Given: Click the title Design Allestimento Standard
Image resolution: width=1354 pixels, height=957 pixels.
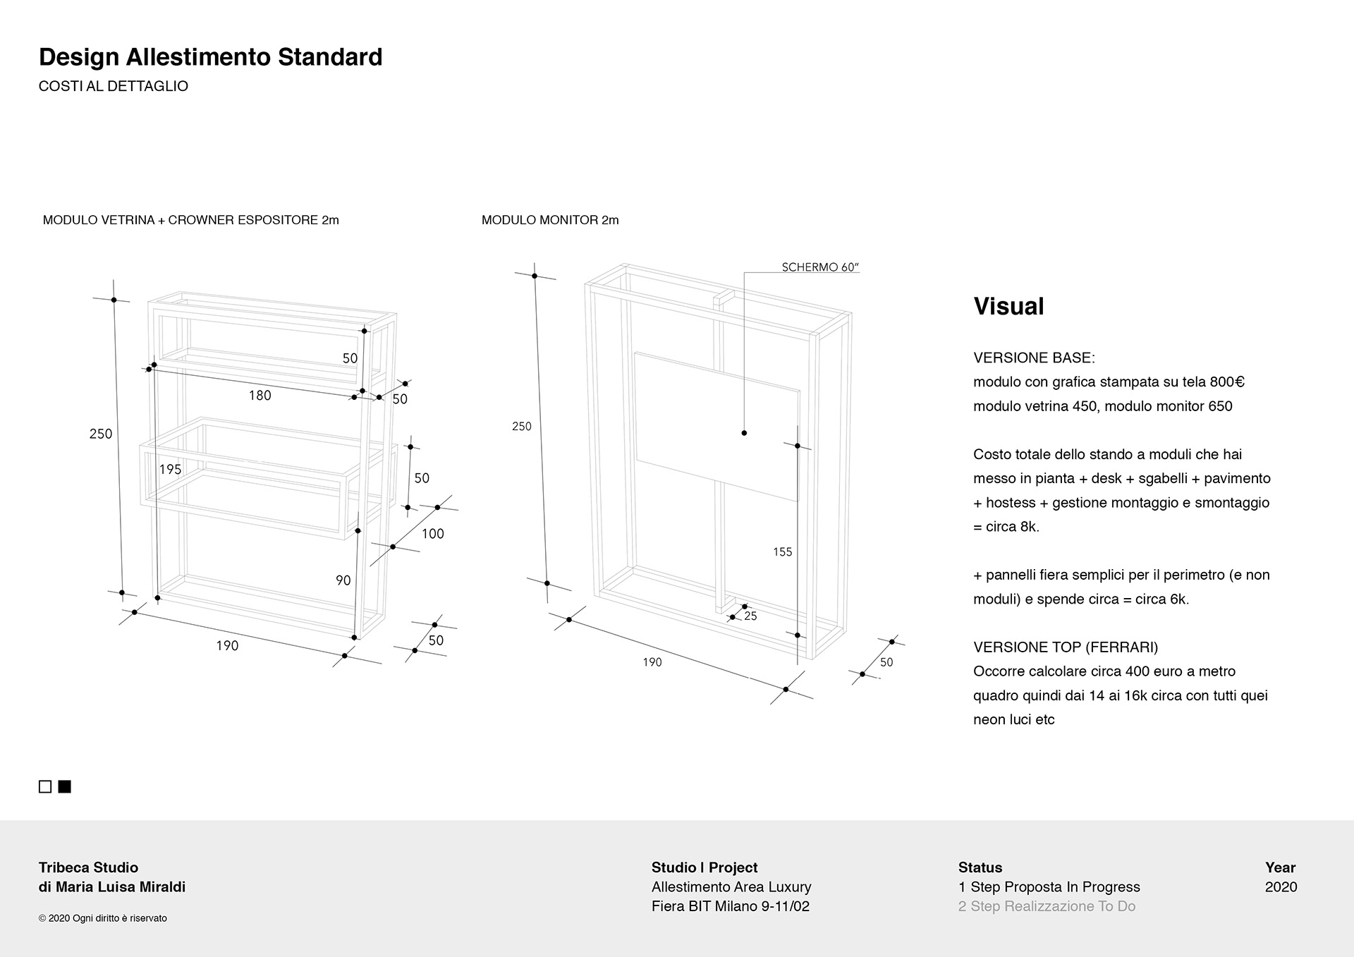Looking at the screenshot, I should tap(210, 57).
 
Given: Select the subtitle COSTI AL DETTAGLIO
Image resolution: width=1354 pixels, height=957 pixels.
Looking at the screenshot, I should tap(113, 87).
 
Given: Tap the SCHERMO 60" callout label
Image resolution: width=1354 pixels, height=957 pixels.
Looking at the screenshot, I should tap(820, 267).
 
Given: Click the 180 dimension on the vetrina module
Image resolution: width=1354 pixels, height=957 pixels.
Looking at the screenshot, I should tap(260, 396).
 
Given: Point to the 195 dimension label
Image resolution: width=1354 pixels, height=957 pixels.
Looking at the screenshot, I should tap(170, 470).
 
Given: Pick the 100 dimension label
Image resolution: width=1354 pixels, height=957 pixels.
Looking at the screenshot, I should tap(432, 534).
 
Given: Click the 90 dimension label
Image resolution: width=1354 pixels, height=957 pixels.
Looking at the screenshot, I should tap(343, 580).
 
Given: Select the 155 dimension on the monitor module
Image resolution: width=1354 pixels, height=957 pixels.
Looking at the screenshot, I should tap(782, 552).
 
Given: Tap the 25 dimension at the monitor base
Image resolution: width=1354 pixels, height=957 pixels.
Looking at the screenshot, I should tap(750, 616).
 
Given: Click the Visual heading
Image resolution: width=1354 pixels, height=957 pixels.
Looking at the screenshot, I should tap(1008, 306).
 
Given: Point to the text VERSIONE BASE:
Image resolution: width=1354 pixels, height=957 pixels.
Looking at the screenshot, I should tap(1034, 358).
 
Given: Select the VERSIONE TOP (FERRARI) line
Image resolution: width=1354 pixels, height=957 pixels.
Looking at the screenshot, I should tap(1065, 647).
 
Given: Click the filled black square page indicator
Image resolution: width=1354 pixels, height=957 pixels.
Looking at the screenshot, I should tap(65, 786).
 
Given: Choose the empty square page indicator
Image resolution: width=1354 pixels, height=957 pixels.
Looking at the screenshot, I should tap(45, 786).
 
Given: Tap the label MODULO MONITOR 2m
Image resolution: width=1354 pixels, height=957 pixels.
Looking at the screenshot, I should tap(550, 220).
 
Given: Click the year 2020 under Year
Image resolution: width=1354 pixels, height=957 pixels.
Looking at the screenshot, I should tap(1281, 887).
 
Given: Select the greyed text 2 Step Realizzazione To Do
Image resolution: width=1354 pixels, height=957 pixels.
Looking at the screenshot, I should tap(1047, 906).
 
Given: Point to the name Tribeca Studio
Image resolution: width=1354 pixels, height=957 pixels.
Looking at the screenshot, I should tap(88, 867).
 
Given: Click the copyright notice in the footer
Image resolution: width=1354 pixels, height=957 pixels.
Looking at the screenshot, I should tap(103, 918).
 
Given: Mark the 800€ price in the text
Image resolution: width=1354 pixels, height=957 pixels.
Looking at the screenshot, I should tap(1227, 382).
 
